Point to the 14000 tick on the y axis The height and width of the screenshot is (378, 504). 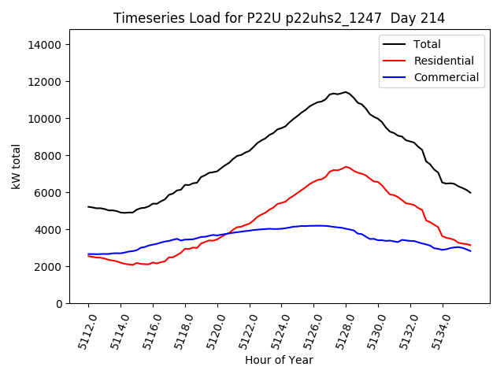coord(46,45)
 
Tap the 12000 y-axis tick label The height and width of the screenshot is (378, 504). coord(46,82)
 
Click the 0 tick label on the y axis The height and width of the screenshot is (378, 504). coord(59,304)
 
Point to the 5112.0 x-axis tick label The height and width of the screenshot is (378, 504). coord(83,332)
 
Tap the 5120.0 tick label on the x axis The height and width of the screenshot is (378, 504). coord(213,332)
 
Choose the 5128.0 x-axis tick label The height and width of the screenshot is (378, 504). coord(341,332)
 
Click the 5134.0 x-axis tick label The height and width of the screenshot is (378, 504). coord(438,332)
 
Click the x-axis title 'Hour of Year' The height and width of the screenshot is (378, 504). coord(279,360)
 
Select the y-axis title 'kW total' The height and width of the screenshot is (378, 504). coord(16,167)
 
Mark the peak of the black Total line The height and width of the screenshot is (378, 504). coord(345,91)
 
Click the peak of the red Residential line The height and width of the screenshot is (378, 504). coord(346,166)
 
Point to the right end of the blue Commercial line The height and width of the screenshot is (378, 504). coord(471,250)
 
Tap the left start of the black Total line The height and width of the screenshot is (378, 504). coord(88,206)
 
